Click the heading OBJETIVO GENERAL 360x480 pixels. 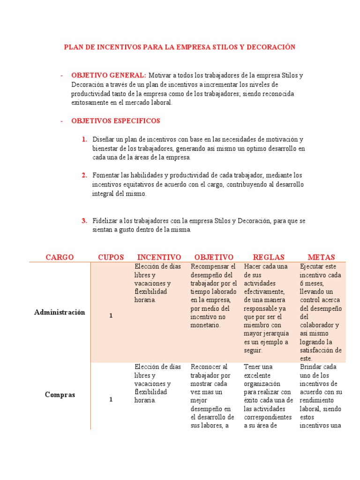pos(108,75)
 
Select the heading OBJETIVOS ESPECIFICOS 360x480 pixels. pos(115,121)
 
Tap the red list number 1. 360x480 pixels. pos(84,140)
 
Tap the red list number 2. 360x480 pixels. pos(84,175)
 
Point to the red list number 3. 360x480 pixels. pos(84,221)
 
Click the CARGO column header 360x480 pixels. pos(60,257)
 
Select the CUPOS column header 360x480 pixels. pos(111,257)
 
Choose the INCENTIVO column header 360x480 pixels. pos(159,257)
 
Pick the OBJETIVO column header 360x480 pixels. pos(214,257)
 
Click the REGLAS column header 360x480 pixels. pos(269,257)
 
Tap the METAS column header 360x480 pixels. pos(321,257)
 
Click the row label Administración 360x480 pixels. pos(60,312)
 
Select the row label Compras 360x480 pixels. pos(60,395)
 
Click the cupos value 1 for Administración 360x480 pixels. pos(111,316)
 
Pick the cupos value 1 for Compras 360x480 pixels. pos(111,399)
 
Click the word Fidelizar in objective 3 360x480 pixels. pos(105,221)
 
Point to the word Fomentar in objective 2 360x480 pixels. pos(105,175)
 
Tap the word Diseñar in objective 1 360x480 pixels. pos(103,140)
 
